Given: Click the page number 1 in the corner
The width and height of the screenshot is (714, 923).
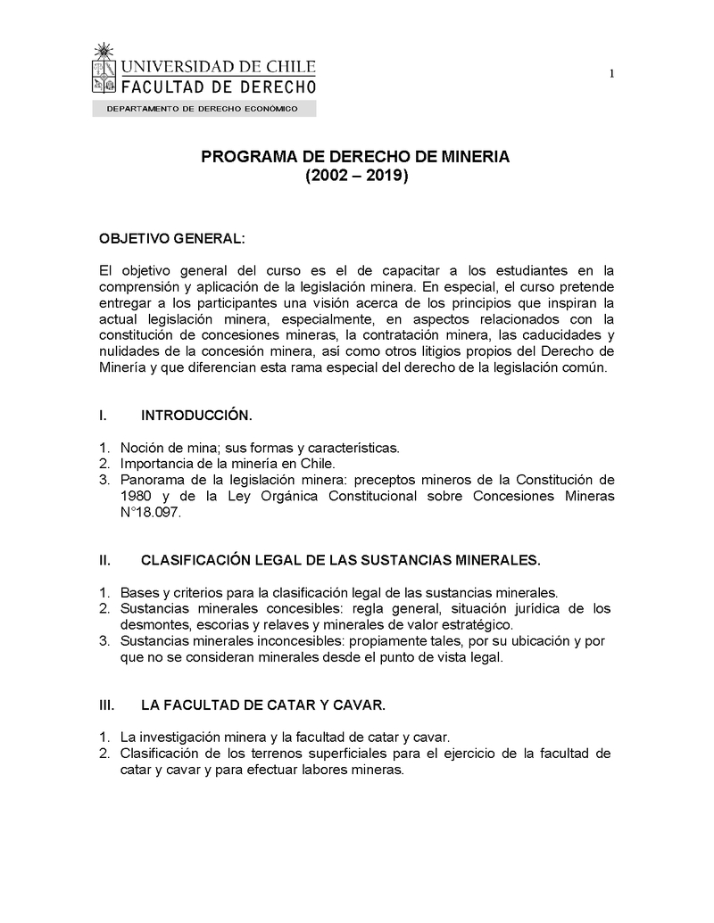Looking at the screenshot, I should pos(612,74).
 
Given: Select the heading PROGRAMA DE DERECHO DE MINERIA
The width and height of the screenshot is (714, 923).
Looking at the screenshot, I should pos(355,156).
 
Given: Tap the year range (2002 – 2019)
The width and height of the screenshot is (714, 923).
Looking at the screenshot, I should pos(356,177).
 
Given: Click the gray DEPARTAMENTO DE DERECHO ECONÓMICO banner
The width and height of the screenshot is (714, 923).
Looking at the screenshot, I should pos(203,109).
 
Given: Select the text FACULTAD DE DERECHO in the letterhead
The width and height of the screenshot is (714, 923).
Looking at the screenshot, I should pos(218,86).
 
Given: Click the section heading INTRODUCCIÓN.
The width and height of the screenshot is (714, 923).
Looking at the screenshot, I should pos(196,416).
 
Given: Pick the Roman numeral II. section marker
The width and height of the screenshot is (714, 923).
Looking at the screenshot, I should pos(104,560).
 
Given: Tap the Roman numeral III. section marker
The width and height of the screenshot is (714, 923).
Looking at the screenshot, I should pos(106,705).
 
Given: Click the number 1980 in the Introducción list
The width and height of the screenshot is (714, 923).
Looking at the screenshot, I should pos(137,496).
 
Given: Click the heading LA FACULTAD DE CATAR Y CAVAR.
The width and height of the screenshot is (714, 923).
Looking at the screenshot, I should pos(263,705).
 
